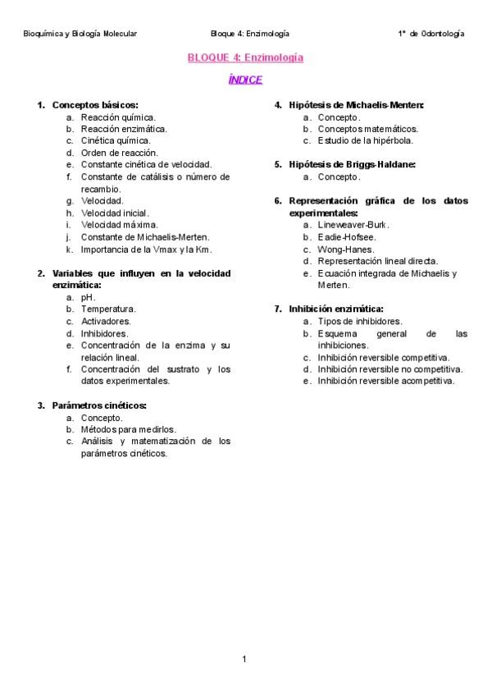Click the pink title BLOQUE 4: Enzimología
pyautogui.click(x=245, y=58)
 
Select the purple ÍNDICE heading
pyautogui.click(x=245, y=80)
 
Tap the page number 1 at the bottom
pyautogui.click(x=244, y=659)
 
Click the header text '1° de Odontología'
pyautogui.click(x=430, y=34)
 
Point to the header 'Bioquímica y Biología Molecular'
pyautogui.click(x=80, y=34)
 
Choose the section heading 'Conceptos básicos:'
pyautogui.click(x=95, y=105)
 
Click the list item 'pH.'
pyautogui.click(x=89, y=297)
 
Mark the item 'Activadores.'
pyautogui.click(x=106, y=322)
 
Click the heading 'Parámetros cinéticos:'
pyautogui.click(x=99, y=405)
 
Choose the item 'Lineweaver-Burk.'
pyautogui.click(x=353, y=224)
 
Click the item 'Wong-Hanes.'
pyautogui.click(x=346, y=249)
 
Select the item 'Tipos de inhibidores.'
pyautogui.click(x=360, y=321)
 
